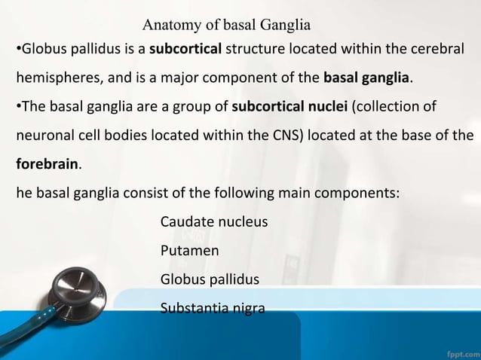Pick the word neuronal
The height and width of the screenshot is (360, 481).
pos(45,136)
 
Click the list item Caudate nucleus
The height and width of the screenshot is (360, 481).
pos(213,222)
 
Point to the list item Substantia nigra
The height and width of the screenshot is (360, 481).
pos(212,307)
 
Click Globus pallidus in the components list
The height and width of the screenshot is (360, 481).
pos(210,279)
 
